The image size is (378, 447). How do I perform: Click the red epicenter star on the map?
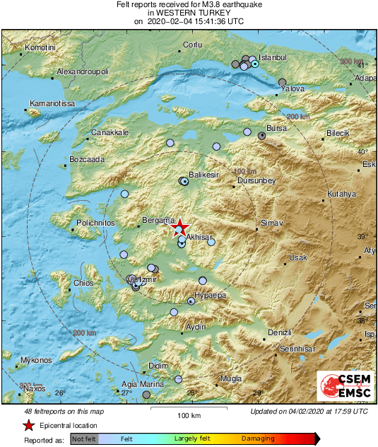tap(181, 226)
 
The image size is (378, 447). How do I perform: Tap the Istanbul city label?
tap(271, 57)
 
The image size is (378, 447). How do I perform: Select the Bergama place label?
tap(156, 221)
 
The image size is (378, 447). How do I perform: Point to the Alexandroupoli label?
tap(82, 72)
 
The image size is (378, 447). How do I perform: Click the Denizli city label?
tap(280, 332)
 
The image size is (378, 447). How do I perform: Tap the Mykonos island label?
tap(36, 361)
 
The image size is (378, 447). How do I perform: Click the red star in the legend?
tap(28, 425)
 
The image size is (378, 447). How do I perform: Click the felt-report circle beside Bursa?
tap(262, 135)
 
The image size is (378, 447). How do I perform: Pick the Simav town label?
tap(272, 223)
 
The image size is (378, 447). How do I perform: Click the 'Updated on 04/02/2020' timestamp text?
tap(309, 411)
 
